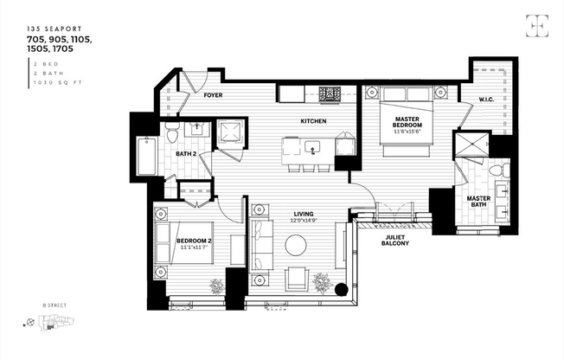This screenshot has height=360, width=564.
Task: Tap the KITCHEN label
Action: click(x=312, y=121)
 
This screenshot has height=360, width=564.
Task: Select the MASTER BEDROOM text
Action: click(x=407, y=122)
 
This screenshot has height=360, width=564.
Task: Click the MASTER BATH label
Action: click(x=478, y=201)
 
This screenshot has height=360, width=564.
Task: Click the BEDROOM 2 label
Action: click(x=195, y=241)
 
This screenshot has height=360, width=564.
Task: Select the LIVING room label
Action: click(x=303, y=214)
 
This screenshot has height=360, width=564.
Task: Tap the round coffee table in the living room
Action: click(x=297, y=247)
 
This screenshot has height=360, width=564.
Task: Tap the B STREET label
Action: click(x=54, y=305)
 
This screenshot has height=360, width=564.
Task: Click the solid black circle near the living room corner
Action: click(x=341, y=291)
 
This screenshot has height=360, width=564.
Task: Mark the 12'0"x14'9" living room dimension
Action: click(x=303, y=222)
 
